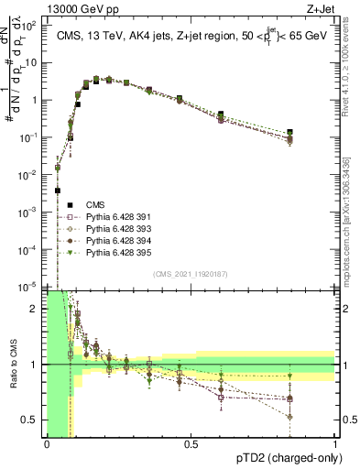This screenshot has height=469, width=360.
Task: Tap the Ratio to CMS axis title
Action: (x=12, y=365)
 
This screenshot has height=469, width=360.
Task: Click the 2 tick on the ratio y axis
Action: (x=38, y=309)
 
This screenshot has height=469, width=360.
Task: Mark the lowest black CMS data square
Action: (x=58, y=191)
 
